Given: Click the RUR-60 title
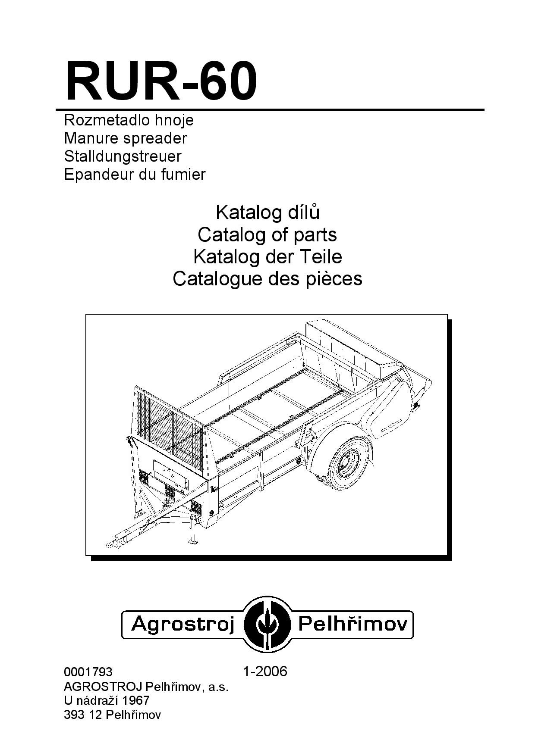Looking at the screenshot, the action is (x=161, y=81).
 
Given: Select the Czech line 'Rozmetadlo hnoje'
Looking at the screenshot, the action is (x=129, y=120).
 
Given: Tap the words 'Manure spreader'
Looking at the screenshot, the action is (x=126, y=138).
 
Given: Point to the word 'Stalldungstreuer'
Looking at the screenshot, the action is (x=123, y=156).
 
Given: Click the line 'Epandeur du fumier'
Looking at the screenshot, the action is (x=135, y=174).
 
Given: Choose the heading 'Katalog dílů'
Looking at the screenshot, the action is (x=267, y=212).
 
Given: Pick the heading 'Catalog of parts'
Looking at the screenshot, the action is (x=267, y=235).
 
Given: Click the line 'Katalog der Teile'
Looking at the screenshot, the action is (x=267, y=257).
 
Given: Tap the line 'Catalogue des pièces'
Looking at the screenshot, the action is (x=267, y=279).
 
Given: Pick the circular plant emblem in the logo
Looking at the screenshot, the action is (x=267, y=624).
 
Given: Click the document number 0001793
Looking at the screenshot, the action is (x=88, y=672).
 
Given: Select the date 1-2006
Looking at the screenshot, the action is (x=265, y=672).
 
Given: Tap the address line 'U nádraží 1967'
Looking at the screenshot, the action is (x=107, y=700).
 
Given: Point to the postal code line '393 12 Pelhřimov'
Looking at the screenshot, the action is (x=112, y=715).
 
